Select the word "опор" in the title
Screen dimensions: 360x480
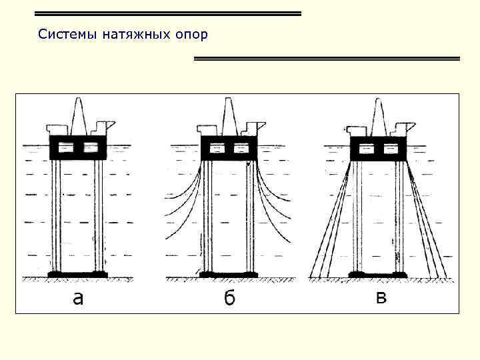pos(191,34)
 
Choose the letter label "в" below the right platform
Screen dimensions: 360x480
pos(381,298)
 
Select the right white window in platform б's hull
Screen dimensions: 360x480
pos(241,148)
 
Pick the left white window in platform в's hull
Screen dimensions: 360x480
pos(367,148)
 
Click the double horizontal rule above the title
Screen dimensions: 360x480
pos(167,13)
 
